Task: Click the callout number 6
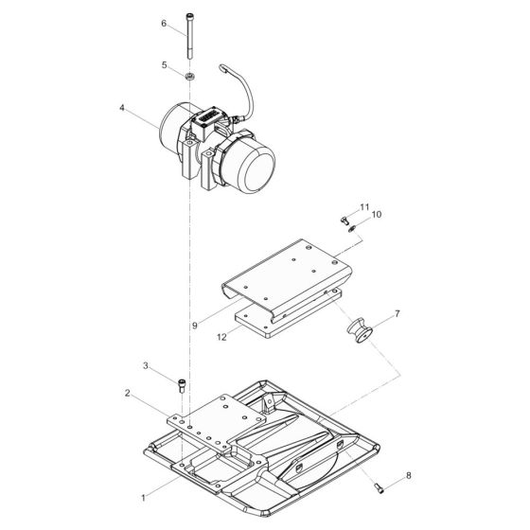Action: (x=163, y=23)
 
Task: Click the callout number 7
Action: (x=397, y=311)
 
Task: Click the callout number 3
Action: (x=146, y=365)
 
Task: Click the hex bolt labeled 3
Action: (x=182, y=383)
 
